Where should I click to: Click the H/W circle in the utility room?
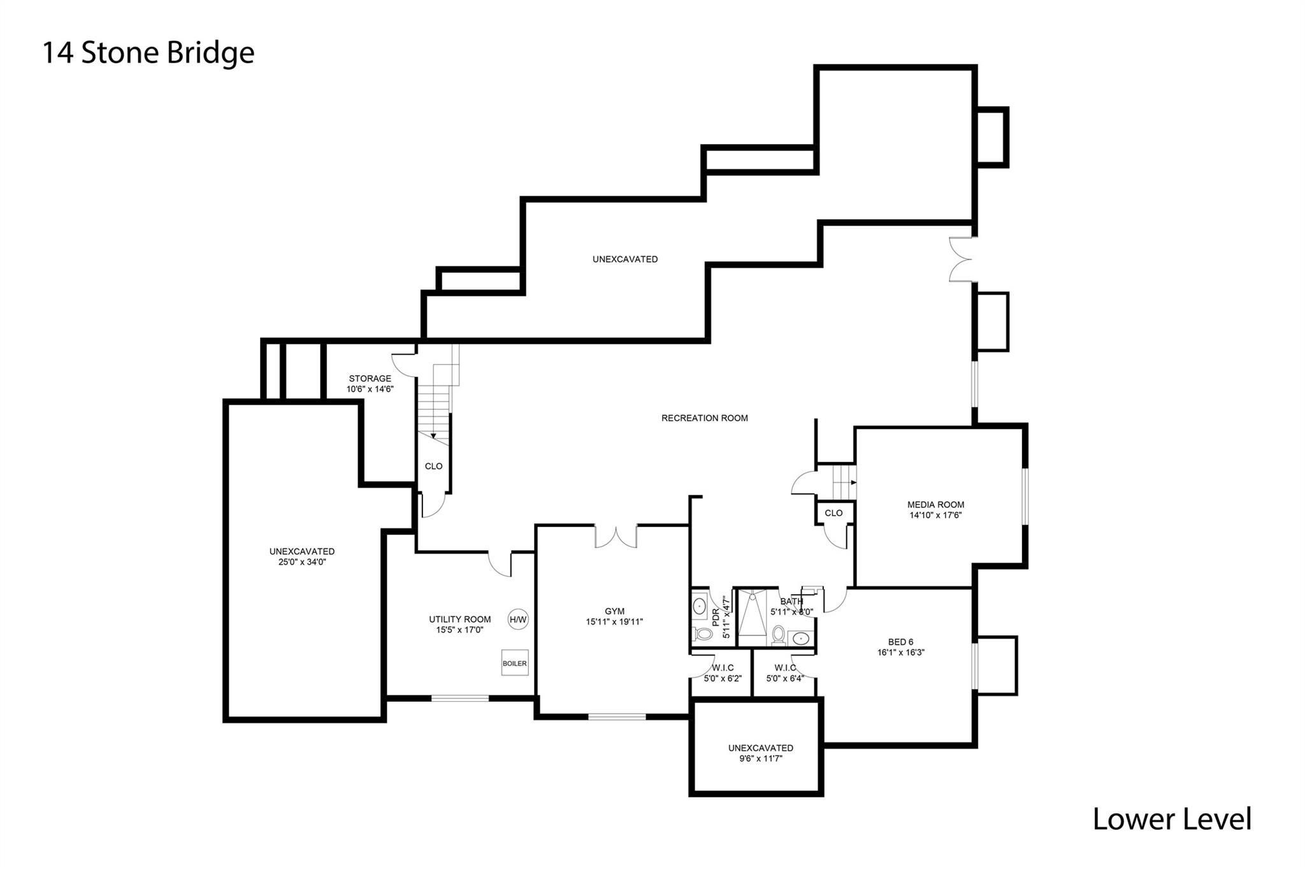[518, 619]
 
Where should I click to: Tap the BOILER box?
[515, 663]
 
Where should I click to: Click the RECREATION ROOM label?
[704, 418]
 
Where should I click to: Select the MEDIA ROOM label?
[935, 504]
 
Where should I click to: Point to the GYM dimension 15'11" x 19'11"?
[614, 621]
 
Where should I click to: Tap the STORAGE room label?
[370, 379]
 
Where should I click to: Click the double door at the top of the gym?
[616, 535]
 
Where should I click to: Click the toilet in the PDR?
[703, 634]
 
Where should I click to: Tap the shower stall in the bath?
[752, 616]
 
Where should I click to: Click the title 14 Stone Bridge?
[148, 53]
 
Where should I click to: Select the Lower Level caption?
[1172, 819]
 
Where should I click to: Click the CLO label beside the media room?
[833, 513]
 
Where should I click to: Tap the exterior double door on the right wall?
[961, 259]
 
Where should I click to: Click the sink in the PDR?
[699, 605]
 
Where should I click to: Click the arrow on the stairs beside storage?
[433, 435]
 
